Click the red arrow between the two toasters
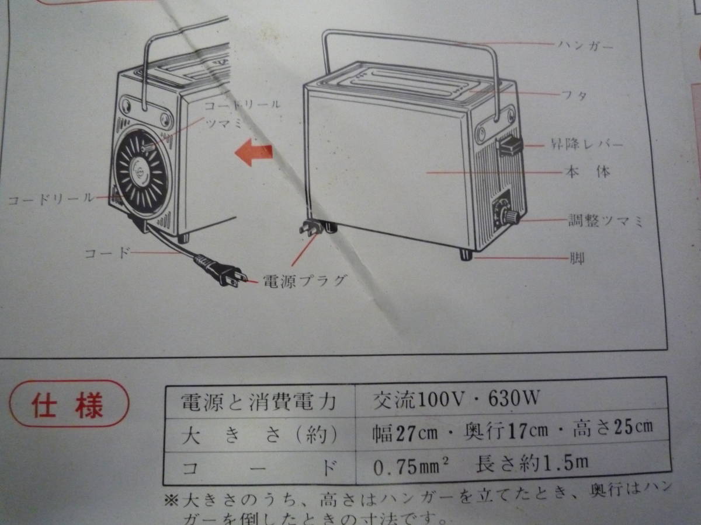[254, 153]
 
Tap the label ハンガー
[584, 45]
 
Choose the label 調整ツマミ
[606, 221]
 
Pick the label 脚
[577, 257]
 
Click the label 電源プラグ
[304, 281]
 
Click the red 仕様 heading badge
[69, 404]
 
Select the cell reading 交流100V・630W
[456, 400]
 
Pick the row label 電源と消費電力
[259, 402]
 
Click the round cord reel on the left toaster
[141, 173]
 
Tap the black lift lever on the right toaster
[510, 145]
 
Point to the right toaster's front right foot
[466, 254]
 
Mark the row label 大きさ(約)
[259, 435]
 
